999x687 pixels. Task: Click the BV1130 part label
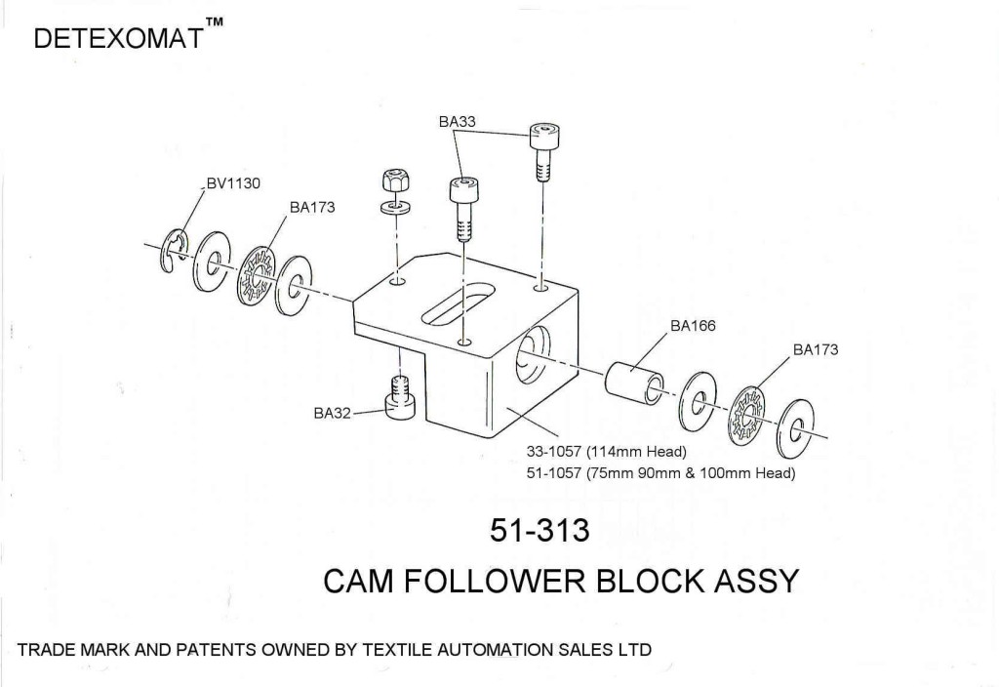[232, 183]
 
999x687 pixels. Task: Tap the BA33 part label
[458, 122]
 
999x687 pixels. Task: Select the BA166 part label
[693, 326]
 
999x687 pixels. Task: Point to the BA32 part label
[333, 413]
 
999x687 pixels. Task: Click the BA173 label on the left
[312, 208]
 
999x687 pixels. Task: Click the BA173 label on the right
[816, 348]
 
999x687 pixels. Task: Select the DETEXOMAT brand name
[117, 39]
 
